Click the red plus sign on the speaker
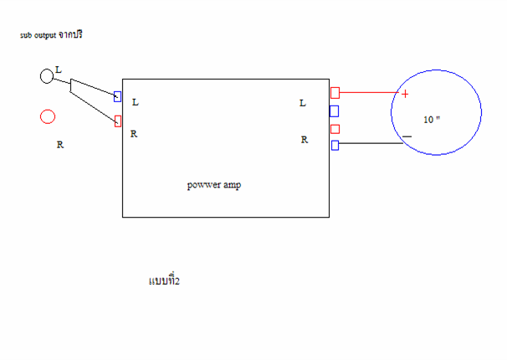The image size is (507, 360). coord(405,94)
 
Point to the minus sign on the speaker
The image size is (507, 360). coord(407,136)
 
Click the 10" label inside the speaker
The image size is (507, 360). coord(432,120)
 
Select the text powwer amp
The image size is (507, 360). coord(214,185)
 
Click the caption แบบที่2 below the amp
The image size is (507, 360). coord(164,280)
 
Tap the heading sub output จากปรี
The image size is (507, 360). coord(51,34)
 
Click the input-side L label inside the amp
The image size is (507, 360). coord(136,102)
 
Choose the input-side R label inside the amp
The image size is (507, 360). coord(134,134)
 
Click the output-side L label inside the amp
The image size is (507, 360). coord(303,103)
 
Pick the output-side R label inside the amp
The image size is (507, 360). coord(305,140)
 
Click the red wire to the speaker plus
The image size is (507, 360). coord(369,92)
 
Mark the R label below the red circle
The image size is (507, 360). coord(60,145)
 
